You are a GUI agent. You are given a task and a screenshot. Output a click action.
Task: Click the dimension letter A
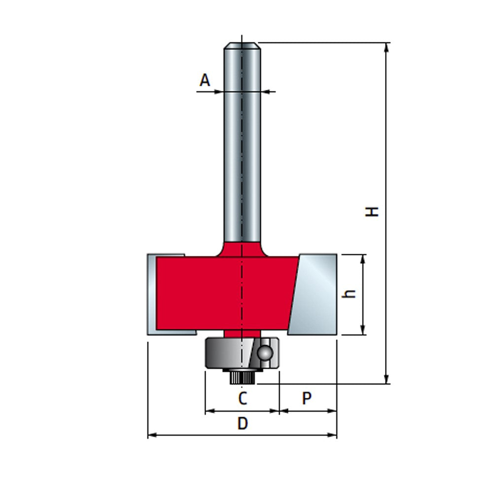(x=205, y=80)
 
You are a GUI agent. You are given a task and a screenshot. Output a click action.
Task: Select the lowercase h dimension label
(x=350, y=294)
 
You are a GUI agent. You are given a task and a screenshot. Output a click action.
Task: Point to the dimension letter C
(x=242, y=398)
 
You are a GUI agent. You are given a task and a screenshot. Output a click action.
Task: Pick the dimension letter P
(x=307, y=398)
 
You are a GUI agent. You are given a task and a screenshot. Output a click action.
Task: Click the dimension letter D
(x=242, y=423)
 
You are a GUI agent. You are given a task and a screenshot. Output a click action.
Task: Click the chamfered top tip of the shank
(x=242, y=46)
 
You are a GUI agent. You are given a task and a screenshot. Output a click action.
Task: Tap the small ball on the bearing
(x=265, y=352)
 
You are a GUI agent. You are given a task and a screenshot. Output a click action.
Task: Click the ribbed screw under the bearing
(x=242, y=378)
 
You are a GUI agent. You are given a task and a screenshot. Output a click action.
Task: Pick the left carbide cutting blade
(x=152, y=295)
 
